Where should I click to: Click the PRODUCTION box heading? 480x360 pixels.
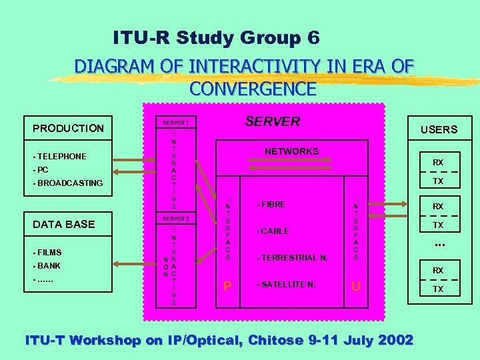(69, 128)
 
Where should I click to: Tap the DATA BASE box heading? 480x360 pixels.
(64, 224)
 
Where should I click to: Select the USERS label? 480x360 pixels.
(439, 129)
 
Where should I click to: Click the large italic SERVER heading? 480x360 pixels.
(273, 121)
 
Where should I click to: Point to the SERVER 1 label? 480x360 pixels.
(176, 123)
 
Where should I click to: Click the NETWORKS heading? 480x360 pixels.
(291, 151)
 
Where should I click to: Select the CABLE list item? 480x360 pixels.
(273, 231)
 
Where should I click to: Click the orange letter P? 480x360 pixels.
(228, 287)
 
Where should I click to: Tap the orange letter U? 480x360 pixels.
(357, 287)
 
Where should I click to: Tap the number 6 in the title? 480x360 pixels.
(313, 38)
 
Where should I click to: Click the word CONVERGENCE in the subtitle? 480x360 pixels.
(253, 88)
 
